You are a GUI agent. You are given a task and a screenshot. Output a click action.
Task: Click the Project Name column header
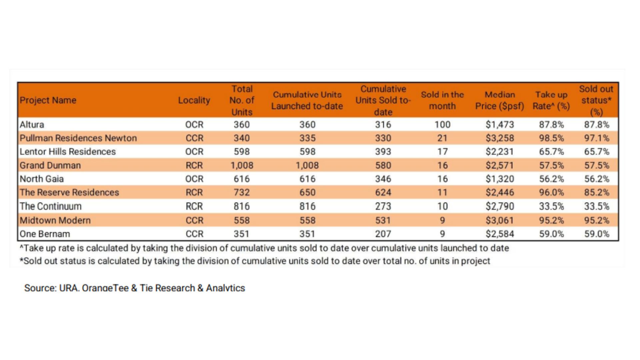[48, 100]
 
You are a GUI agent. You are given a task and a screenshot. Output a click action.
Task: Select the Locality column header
[194, 100]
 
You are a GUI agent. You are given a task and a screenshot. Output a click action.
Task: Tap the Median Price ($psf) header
[500, 100]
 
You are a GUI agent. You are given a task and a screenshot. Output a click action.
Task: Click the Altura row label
[32, 125]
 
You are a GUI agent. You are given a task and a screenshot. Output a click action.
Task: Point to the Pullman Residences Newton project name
[78, 138]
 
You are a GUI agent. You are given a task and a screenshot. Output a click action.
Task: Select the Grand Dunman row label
[50, 165]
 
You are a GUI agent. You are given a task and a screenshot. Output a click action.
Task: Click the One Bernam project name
[45, 234]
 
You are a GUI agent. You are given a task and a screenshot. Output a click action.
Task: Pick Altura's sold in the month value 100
[442, 125]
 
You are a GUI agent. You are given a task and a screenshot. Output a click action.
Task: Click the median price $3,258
[500, 138]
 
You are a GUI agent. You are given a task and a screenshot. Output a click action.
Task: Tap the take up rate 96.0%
[551, 193]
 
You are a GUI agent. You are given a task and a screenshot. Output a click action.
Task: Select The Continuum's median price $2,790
[500, 206]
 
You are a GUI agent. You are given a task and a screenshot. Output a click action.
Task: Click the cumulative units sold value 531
[383, 220]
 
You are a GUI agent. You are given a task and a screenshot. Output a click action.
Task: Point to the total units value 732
[242, 193]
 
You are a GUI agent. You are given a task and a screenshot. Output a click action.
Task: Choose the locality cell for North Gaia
[194, 179]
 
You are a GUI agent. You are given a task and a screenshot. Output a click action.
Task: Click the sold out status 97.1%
[596, 138]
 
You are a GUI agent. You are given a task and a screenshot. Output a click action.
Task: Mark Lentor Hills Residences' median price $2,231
[500, 152]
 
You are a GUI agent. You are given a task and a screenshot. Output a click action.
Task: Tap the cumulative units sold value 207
[383, 234]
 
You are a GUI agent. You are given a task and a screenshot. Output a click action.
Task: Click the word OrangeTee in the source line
[105, 288]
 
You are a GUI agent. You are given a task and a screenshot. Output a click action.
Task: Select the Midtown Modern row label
[55, 220]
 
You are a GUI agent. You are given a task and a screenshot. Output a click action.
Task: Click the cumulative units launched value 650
[307, 193]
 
